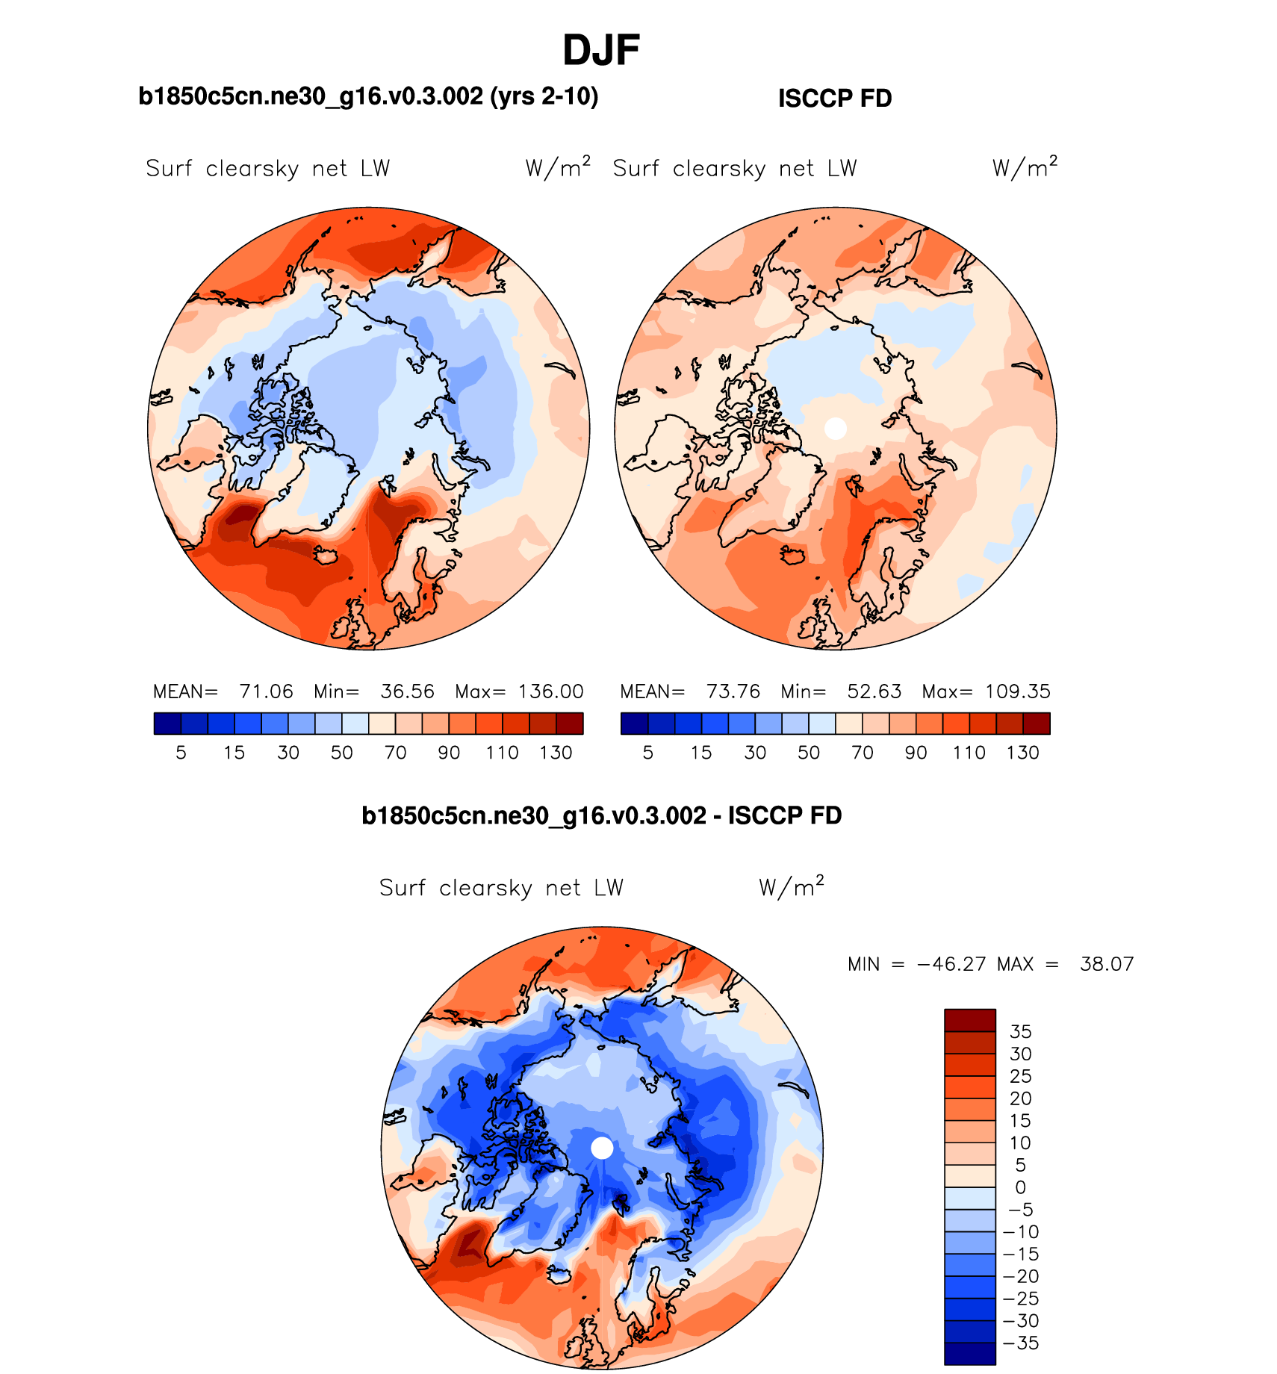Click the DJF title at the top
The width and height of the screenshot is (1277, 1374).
point(601,51)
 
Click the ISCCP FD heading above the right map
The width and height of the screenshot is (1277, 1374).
point(835,99)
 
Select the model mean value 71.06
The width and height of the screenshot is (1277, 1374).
point(266,691)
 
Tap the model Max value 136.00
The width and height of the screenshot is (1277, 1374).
point(550,691)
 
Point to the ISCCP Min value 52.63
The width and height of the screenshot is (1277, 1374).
point(874,691)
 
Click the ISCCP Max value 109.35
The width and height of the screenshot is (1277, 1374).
point(1017,691)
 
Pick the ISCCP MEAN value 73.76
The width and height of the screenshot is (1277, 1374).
point(733,691)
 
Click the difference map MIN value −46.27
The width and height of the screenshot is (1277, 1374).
point(951,964)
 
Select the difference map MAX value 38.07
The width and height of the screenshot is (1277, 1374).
point(1107,964)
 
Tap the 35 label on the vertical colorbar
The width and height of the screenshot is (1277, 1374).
point(1020,1031)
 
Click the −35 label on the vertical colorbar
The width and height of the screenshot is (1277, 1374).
point(1020,1343)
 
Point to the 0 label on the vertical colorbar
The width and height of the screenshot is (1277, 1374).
point(1020,1187)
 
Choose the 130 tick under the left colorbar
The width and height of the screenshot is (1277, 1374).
point(556,753)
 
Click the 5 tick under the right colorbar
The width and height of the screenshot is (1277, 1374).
point(647,753)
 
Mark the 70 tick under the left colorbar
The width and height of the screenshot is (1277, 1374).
point(395,753)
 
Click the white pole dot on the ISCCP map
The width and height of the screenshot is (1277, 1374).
point(836,429)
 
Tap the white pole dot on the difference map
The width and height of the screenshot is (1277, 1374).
point(602,1148)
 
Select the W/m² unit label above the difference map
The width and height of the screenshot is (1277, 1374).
point(791,886)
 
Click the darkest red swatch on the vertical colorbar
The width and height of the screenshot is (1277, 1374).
point(969,1020)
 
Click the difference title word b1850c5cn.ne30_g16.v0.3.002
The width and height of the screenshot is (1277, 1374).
point(533,815)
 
